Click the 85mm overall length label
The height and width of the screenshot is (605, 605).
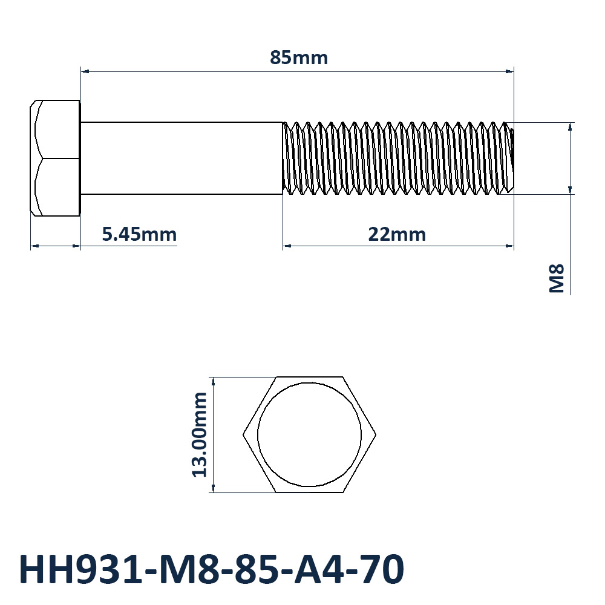point(299,58)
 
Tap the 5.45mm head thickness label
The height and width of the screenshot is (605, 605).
point(139,234)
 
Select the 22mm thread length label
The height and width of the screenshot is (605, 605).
point(397,234)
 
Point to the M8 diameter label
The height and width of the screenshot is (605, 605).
point(557,278)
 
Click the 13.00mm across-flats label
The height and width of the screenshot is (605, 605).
point(200,435)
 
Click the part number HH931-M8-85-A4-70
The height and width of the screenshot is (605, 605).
point(211,569)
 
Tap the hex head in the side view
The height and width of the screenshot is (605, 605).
point(55,158)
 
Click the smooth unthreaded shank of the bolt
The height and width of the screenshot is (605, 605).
point(181,158)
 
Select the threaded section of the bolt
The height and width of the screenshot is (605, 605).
point(398,158)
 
